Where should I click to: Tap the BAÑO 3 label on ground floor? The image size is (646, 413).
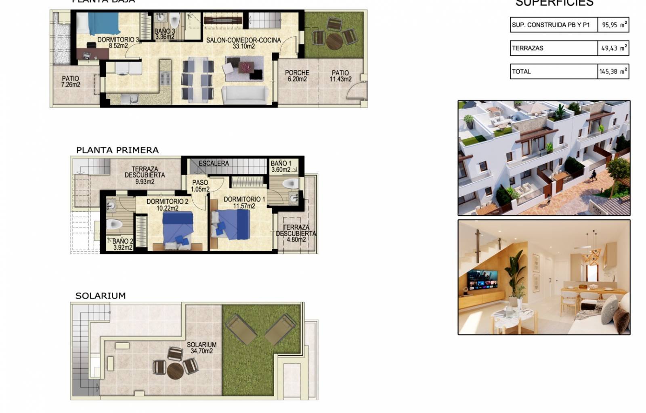165,34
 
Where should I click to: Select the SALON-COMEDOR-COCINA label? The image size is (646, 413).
243,43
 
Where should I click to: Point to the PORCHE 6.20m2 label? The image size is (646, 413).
297,76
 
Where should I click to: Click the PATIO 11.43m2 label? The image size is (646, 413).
340,76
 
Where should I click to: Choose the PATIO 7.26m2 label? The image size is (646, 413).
71,81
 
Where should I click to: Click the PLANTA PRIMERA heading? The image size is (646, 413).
117,150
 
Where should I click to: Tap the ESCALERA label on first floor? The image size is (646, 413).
214,163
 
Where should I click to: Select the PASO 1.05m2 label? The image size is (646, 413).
200,186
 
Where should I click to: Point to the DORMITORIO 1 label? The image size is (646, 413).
244,202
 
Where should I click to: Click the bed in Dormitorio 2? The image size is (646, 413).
178,228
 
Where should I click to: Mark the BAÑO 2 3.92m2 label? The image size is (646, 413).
123,244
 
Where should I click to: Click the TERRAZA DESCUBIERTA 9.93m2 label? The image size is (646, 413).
145,175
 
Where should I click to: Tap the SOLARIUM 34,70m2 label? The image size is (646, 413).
201,348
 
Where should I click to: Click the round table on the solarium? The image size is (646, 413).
175,371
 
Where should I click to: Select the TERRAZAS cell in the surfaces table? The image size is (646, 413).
553,48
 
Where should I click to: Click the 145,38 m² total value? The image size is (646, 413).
613,71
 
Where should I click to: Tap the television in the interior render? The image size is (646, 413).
482,279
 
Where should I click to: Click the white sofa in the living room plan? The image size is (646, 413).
245,95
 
